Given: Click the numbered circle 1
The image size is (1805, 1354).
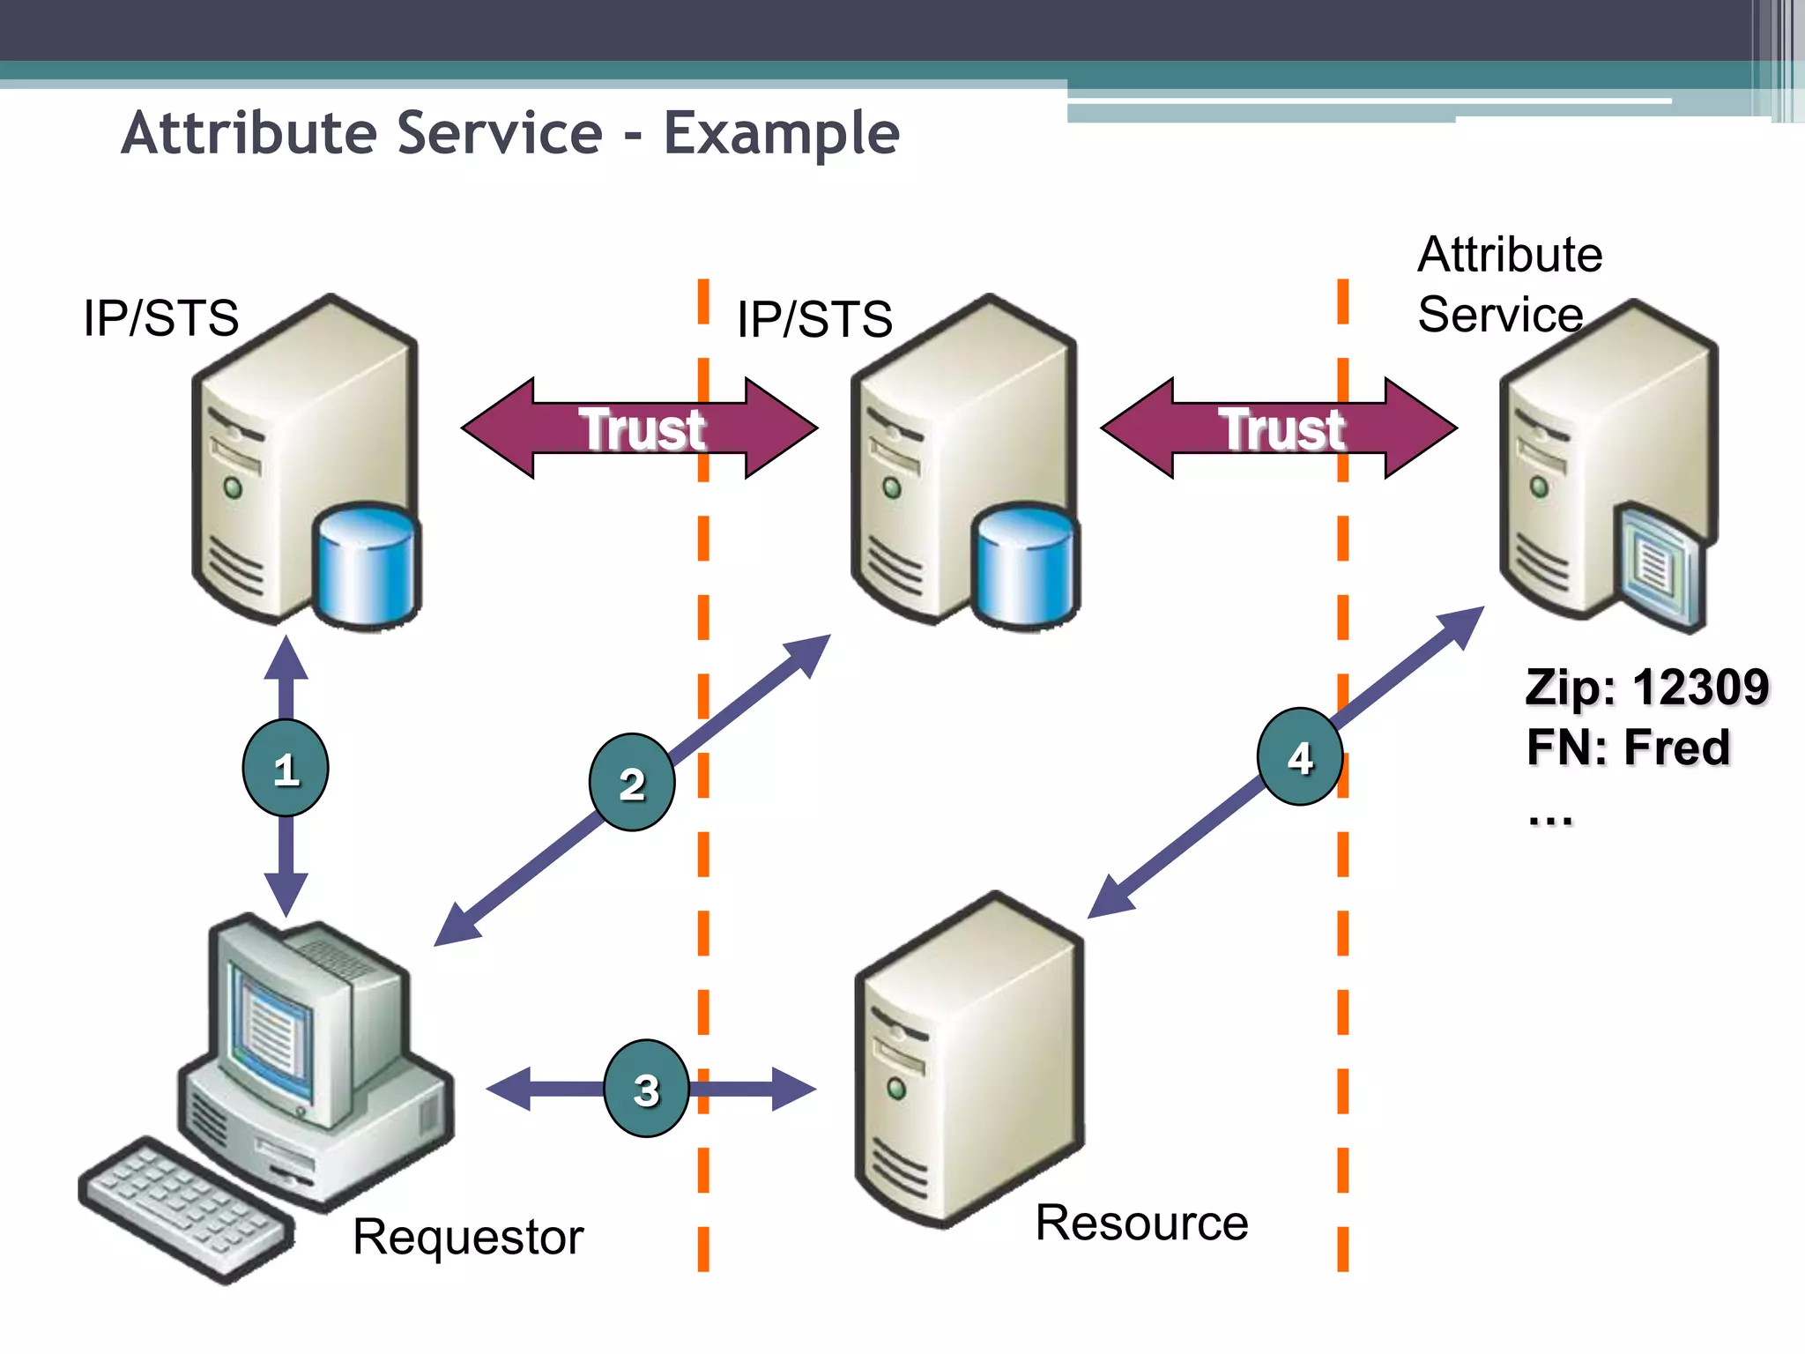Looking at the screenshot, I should pos(286,768).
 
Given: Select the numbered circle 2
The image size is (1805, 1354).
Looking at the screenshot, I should pos(632,783).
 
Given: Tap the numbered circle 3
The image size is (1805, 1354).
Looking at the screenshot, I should pos(646,1089).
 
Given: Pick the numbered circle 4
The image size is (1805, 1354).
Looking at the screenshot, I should pos(1300,757).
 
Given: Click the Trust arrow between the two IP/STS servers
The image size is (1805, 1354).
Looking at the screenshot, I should pos(640,429).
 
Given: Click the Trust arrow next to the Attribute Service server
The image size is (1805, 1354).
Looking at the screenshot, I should pos(1279,429).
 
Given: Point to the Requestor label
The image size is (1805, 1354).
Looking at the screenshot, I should pos(468,1237).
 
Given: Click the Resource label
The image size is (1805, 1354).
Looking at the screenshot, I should pos(1141,1223).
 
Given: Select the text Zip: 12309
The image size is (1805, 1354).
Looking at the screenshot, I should pos(1646,688).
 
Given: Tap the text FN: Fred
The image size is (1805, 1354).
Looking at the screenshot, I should pos(1628,748).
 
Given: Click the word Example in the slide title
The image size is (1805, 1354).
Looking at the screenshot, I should pos(781,134).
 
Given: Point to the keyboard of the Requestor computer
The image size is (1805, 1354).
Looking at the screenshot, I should pos(185,1208).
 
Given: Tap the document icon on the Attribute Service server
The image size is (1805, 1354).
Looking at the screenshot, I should pos(1657,569).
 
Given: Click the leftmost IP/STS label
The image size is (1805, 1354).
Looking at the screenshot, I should pos(160,318).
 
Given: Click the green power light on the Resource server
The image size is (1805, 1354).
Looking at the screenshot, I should pos(896,1089).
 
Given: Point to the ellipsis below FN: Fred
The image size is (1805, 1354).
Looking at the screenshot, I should pos(1550,820).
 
